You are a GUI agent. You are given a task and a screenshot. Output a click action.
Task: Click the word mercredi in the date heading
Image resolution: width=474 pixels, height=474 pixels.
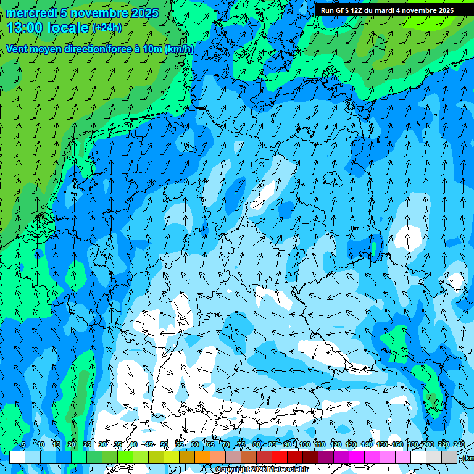pos(31,13)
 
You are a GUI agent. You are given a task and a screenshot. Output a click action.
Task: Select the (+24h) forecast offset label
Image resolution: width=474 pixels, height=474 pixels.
pos(106,28)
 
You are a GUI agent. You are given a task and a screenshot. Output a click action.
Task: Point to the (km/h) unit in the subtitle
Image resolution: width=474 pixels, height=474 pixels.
pos(180,49)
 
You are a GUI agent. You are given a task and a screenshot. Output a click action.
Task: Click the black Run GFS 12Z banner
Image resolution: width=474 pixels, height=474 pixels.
pos(387,10)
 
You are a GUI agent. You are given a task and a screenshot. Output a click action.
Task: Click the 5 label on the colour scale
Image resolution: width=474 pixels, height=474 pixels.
pos(23,444)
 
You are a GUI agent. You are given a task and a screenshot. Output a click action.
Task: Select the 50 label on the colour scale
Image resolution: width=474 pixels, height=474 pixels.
pos(164,444)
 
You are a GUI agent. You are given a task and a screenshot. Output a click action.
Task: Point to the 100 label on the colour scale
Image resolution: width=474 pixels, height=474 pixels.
pos(304,444)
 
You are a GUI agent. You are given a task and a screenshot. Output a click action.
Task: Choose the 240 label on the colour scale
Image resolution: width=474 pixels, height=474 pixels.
pos(459,444)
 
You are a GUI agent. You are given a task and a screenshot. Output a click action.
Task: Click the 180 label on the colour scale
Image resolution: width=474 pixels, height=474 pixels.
pos(412,444)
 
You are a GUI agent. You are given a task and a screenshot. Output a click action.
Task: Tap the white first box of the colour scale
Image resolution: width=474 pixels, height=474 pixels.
pos(17,457)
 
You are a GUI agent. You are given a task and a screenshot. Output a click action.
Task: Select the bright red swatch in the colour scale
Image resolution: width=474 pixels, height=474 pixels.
pos(280,457)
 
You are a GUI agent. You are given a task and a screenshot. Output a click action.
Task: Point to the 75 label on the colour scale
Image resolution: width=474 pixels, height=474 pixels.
pos(241,444)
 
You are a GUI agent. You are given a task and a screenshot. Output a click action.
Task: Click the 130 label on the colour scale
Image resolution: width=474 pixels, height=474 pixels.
pos(351,444)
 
